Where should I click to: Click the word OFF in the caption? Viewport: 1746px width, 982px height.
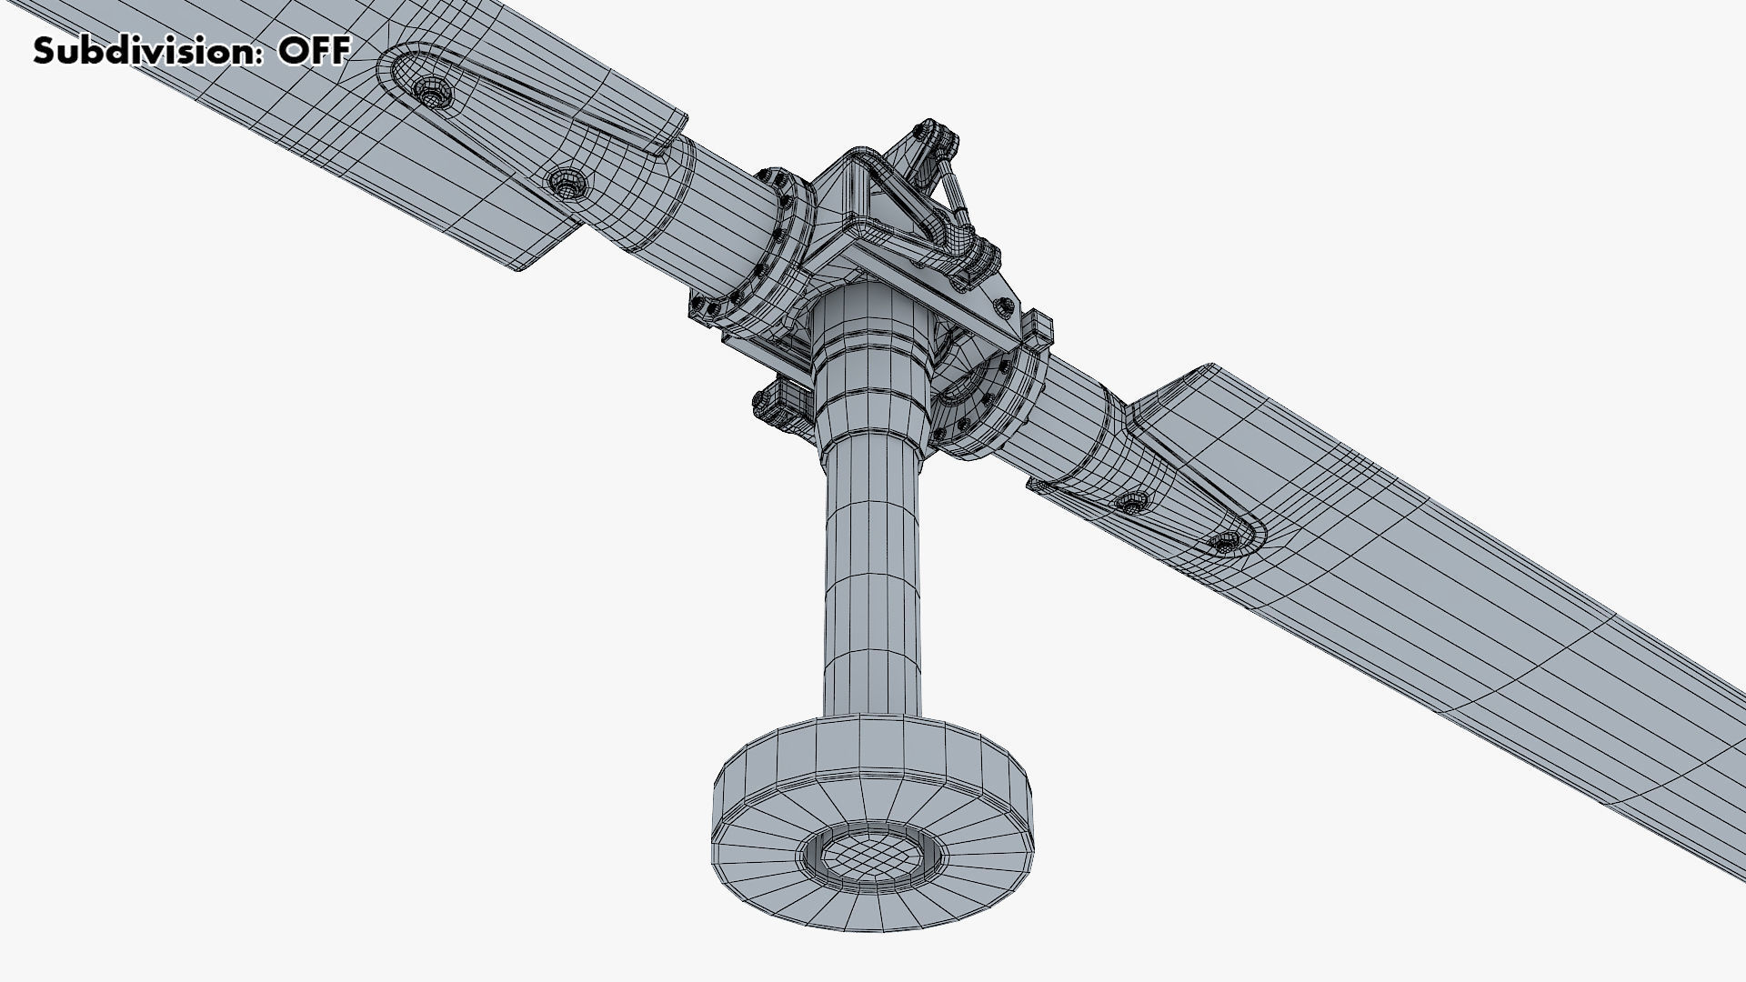point(314,52)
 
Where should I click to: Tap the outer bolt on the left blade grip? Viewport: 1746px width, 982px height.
point(429,90)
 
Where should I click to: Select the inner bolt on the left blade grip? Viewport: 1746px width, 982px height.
point(567,184)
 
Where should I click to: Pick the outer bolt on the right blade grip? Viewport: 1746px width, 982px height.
point(1224,542)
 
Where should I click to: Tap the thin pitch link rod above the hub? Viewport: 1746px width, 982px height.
point(954,195)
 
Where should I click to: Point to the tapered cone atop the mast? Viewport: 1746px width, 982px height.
point(870,364)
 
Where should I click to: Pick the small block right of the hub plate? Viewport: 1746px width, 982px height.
point(1039,327)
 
